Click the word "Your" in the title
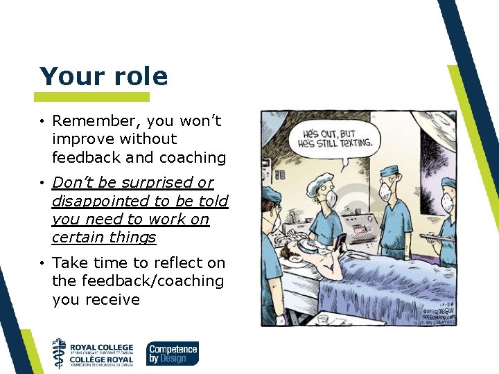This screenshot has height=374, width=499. (67, 76)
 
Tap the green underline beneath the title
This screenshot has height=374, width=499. (91, 97)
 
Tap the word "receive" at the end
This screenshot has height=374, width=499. (112, 300)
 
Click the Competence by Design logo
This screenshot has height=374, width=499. (173, 353)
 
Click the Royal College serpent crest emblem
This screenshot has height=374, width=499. (60, 353)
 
